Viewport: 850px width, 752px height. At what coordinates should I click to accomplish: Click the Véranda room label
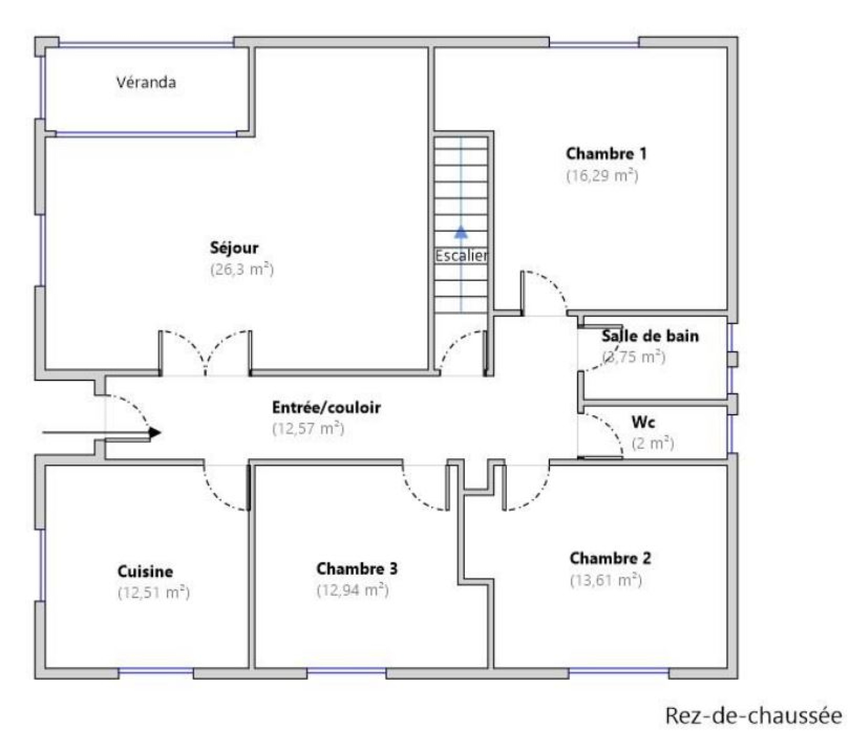click(146, 82)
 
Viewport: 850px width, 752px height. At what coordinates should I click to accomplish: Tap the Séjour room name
click(234, 247)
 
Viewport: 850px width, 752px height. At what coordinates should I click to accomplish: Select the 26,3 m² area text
click(242, 269)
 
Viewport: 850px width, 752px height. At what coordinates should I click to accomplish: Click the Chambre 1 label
click(606, 153)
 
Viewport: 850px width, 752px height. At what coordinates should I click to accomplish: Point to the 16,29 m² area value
click(602, 175)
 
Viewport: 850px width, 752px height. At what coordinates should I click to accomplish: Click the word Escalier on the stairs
click(461, 256)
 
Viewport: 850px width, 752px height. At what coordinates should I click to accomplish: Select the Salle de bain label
click(650, 336)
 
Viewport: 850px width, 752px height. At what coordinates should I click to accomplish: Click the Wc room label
click(643, 422)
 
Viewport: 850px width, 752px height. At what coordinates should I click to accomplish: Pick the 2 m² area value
click(653, 443)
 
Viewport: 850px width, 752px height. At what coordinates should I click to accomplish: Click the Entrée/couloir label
click(326, 407)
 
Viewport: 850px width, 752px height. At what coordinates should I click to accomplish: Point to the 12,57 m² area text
click(308, 428)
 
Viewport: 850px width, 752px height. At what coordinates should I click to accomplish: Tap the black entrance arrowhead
click(155, 433)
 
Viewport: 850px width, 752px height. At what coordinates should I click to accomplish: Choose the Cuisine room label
click(145, 571)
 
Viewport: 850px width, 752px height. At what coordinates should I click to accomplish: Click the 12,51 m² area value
click(154, 592)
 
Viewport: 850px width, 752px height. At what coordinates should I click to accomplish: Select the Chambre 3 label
click(357, 569)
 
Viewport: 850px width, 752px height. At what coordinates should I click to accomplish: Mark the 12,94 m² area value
click(353, 590)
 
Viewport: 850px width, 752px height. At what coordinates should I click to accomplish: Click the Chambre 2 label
click(610, 558)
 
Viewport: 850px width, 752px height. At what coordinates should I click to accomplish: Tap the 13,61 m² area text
click(606, 580)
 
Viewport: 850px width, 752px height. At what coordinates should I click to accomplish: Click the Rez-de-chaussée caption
click(754, 716)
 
